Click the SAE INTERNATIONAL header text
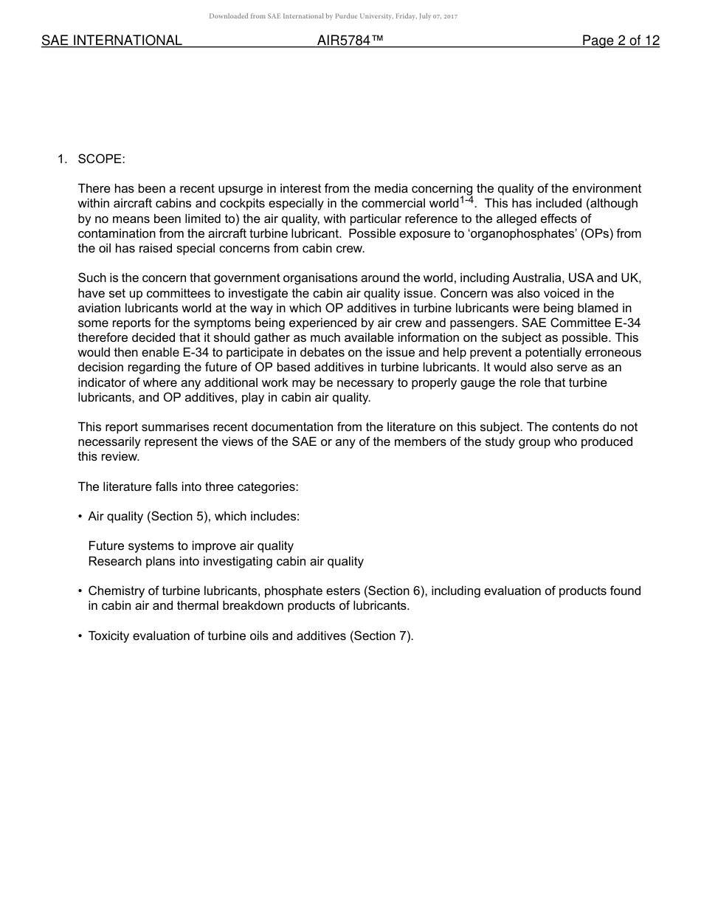click(111, 41)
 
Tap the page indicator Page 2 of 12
click(621, 41)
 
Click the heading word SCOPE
click(101, 159)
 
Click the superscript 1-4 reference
click(466, 200)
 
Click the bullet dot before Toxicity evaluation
click(80, 636)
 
